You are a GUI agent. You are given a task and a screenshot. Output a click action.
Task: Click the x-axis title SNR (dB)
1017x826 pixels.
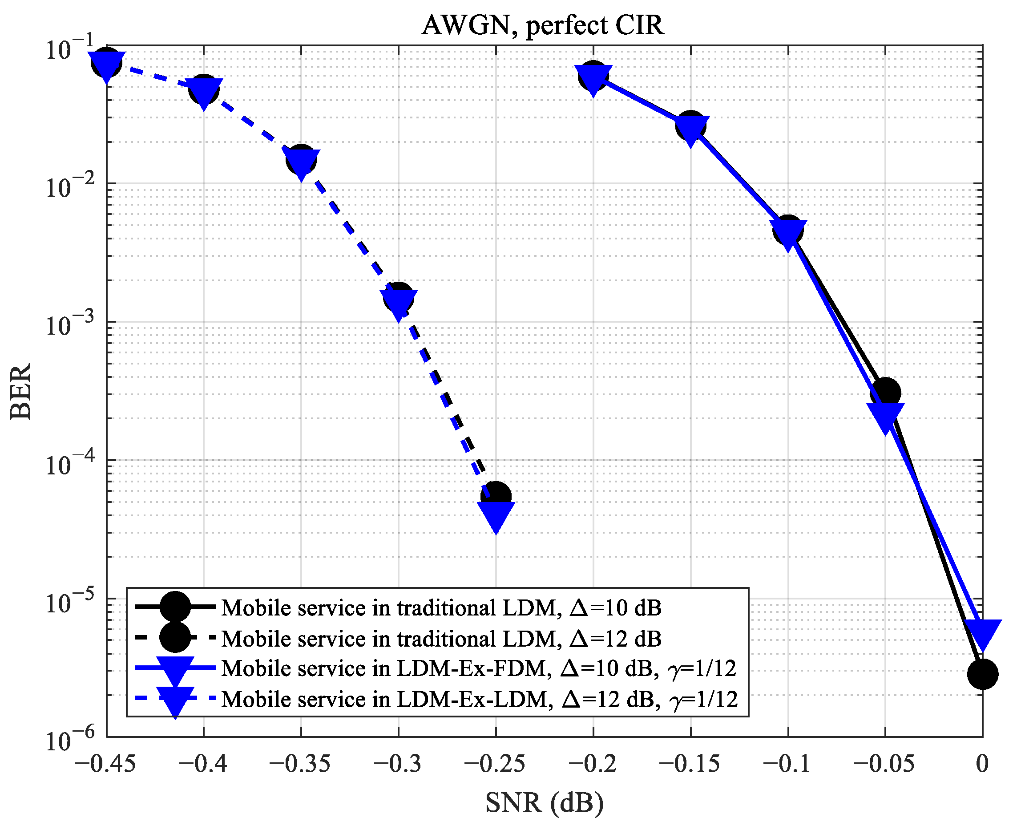[x=544, y=804]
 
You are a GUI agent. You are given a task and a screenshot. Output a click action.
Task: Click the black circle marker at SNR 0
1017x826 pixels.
[x=982, y=674]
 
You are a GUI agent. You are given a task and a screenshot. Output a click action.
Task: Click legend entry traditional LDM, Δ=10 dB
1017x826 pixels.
[x=440, y=608]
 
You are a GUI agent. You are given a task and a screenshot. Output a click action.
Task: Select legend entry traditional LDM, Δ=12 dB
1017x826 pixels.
[x=440, y=639]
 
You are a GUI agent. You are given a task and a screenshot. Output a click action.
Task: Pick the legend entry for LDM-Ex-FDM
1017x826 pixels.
[x=478, y=668]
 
